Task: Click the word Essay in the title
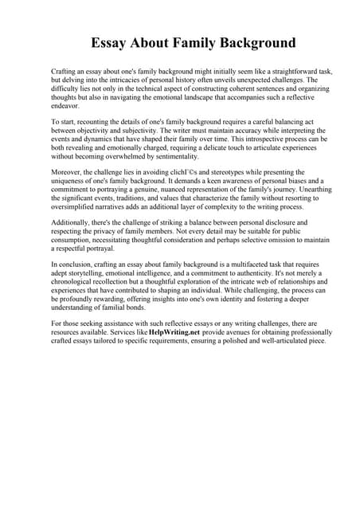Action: tap(110, 43)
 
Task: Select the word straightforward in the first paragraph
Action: tap(288, 72)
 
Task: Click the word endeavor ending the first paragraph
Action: tap(66, 107)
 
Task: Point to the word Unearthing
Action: tap(310, 194)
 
